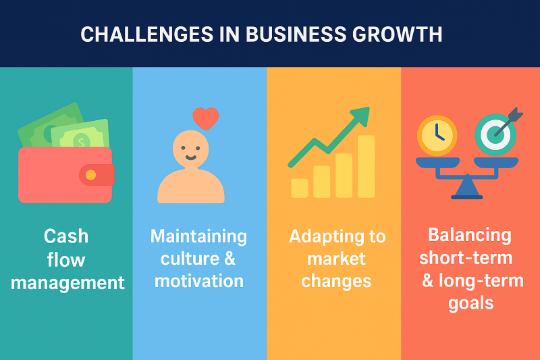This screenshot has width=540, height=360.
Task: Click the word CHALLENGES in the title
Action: (x=146, y=34)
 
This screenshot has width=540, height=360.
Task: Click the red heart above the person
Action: (x=206, y=118)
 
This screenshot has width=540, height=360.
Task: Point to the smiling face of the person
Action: (x=190, y=149)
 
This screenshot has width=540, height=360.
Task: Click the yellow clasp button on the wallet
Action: (x=90, y=175)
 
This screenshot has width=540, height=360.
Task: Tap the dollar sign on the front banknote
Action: (x=81, y=142)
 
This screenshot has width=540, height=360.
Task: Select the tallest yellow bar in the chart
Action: (x=366, y=167)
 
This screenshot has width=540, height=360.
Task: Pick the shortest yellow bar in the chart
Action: (x=299, y=188)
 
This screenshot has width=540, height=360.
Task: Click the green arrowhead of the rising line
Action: (x=361, y=115)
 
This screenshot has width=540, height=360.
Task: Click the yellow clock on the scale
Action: (x=437, y=135)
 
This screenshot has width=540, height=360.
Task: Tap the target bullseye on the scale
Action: (x=495, y=134)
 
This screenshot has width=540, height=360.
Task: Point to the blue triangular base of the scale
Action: (x=466, y=187)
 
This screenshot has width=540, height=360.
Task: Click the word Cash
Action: (x=66, y=236)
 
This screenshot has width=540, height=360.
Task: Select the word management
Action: (x=67, y=284)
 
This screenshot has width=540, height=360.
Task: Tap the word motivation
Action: (x=199, y=281)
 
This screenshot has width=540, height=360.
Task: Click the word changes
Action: (x=336, y=282)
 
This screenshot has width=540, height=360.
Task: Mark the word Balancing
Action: (x=470, y=236)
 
